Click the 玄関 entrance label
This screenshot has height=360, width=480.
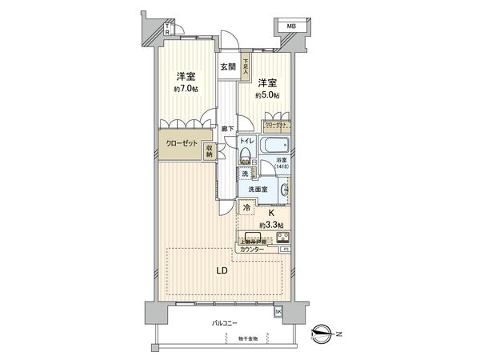coord(227,68)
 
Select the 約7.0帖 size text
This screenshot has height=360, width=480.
coord(186,88)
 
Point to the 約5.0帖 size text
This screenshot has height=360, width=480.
coord(266,94)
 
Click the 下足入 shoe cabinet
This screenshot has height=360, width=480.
coord(246,67)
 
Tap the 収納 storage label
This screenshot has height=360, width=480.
coord(209,150)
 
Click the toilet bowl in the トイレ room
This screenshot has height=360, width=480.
coord(246,155)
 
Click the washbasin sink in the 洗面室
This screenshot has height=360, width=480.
coord(285,190)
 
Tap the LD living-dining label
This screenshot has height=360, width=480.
coord(222,270)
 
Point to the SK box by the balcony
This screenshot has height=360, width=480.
coord(278,310)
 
